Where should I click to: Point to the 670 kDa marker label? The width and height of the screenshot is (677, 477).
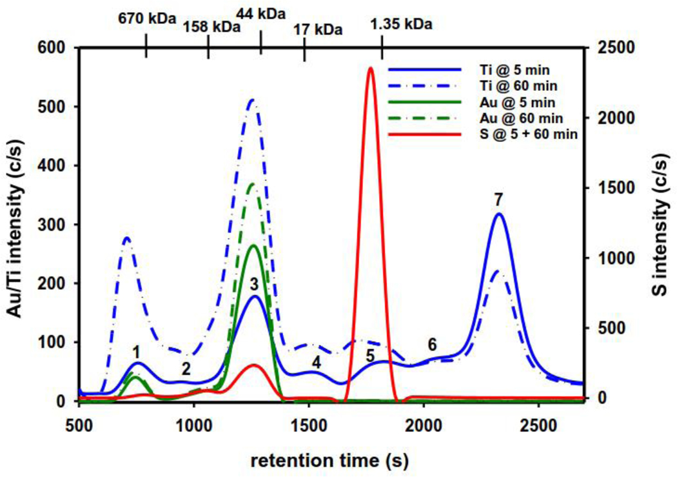click(x=146, y=19)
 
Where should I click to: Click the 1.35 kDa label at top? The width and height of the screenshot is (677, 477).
click(x=400, y=25)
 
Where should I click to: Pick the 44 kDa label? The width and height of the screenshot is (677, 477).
click(x=260, y=13)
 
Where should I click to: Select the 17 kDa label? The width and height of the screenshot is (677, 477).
click(x=317, y=30)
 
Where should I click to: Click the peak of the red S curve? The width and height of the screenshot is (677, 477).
click(x=370, y=68)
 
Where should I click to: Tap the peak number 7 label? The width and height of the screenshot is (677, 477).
click(x=498, y=201)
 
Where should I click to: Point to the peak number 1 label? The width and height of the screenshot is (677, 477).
click(x=137, y=352)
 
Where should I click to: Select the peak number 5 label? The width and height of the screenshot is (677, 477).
click(x=370, y=356)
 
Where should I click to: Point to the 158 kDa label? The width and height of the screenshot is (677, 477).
click(x=211, y=27)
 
